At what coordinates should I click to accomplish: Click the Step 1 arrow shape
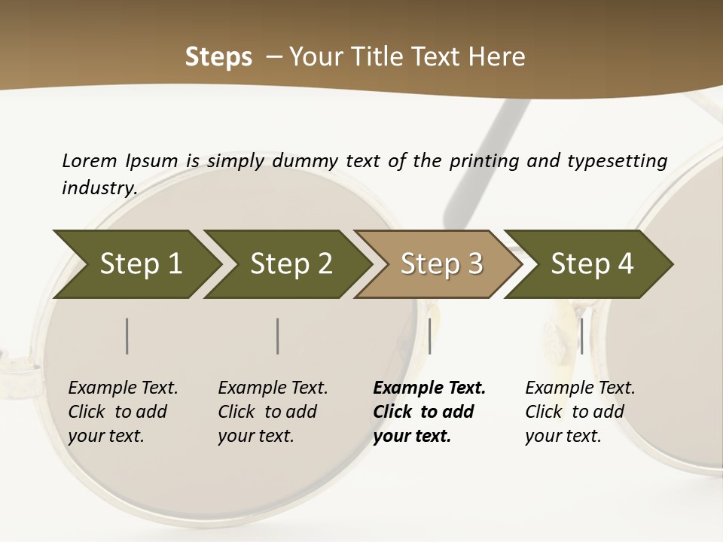pos(136,264)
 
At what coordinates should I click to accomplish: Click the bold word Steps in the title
pos(218,57)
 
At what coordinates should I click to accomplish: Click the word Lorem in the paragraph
pos(90,160)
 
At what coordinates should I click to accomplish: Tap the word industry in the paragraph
pos(99,187)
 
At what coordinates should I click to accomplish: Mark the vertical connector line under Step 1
pos(127,336)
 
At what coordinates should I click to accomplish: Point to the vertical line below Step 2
pos(278,336)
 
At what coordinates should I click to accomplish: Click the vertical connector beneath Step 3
pos(429,336)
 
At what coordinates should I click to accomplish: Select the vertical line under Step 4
pos(581,336)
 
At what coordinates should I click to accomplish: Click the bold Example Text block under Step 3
pos(429,412)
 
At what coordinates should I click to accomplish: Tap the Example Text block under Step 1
pos(123,412)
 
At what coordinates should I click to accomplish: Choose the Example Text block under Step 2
pos(273,412)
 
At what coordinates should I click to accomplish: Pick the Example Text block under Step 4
pos(580,412)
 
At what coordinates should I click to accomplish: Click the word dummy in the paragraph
pos(306,161)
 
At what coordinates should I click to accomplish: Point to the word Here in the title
pos(496,57)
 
